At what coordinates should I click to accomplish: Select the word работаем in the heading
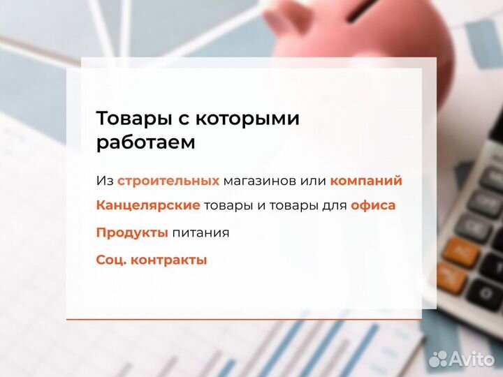click(x=145, y=142)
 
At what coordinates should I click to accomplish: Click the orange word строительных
click(x=168, y=181)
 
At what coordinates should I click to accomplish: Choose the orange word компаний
click(x=366, y=181)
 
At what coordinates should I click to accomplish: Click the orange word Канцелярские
click(x=148, y=205)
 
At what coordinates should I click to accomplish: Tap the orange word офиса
click(x=373, y=205)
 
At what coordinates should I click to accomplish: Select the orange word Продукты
click(x=132, y=232)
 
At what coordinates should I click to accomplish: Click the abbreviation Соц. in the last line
click(x=110, y=260)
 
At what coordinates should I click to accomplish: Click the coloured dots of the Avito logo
click(x=438, y=359)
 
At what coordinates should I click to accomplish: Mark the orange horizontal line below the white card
click(x=245, y=319)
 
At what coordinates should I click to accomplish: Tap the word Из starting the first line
click(x=104, y=181)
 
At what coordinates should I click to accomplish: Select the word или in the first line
click(x=314, y=181)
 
